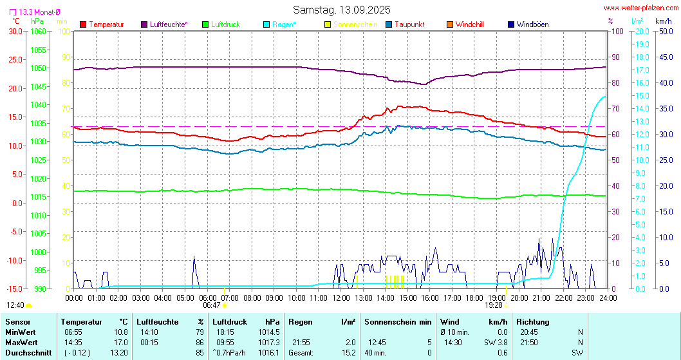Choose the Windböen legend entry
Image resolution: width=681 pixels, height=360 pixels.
[x=532, y=24]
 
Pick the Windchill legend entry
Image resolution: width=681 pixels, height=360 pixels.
[x=469, y=24]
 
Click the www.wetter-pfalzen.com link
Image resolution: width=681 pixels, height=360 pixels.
[x=640, y=8]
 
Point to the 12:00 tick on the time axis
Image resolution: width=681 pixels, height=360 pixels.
[x=340, y=298]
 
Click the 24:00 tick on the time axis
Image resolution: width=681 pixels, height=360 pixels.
[x=607, y=298]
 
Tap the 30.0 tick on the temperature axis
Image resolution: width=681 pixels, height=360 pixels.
[x=15, y=31]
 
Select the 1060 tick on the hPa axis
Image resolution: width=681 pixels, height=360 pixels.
[x=39, y=31]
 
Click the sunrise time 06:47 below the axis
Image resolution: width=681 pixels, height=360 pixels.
[x=212, y=305]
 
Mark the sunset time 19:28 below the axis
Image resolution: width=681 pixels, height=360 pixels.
[x=493, y=305]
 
